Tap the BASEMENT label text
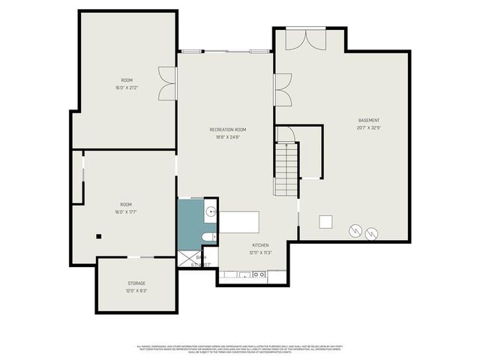coord(368,120)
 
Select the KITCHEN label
coord(260,245)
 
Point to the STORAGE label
coord(136,283)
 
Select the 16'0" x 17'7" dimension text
coord(126,211)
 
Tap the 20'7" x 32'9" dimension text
coord(368,127)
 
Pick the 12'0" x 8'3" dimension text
coord(136,290)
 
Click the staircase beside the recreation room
coord(286,169)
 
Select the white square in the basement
coord(325,221)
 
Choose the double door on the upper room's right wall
coord(167,82)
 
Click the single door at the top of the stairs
coord(286,135)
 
